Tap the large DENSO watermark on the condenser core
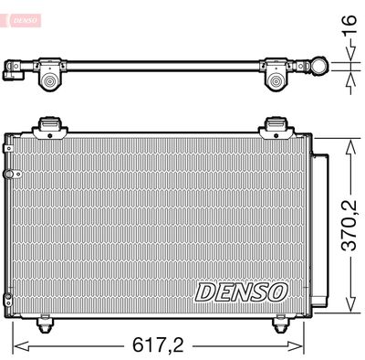(x=242, y=291)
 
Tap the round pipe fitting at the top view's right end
(x=321, y=65)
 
